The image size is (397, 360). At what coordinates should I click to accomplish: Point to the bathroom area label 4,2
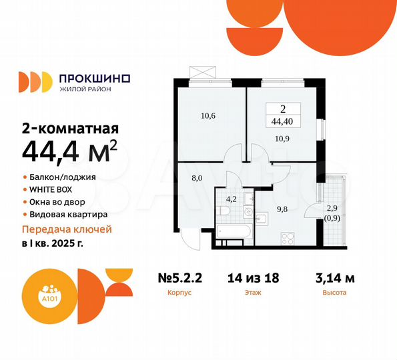(x=231, y=197)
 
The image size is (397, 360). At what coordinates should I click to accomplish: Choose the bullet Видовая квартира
(x=68, y=214)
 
